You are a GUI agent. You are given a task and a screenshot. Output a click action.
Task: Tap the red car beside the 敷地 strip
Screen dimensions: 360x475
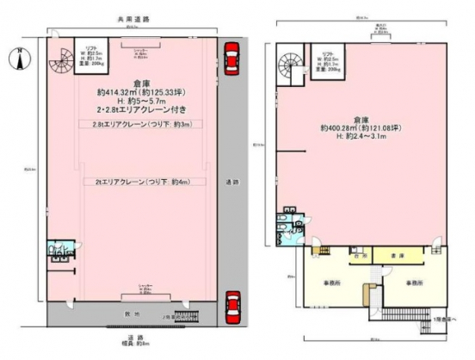[x=231, y=304]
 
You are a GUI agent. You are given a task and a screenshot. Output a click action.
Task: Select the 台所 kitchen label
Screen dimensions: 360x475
[x=355, y=257]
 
